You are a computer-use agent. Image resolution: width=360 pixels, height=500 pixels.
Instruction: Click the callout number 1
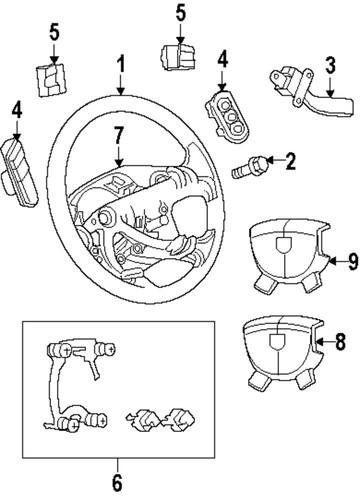(x=120, y=67)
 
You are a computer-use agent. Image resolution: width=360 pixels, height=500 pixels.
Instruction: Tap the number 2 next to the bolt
(x=291, y=159)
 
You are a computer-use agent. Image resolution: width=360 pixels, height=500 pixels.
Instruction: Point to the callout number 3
(x=329, y=67)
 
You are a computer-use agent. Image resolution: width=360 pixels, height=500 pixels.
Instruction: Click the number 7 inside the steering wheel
(x=119, y=134)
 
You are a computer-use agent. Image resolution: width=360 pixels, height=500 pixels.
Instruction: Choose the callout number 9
(x=340, y=262)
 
